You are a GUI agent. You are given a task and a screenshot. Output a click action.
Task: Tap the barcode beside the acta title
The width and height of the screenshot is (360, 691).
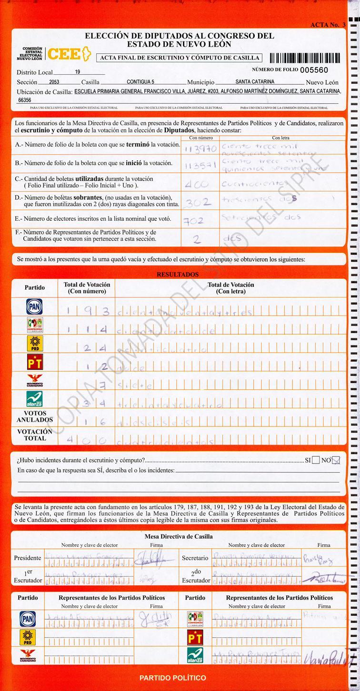click(x=305, y=58)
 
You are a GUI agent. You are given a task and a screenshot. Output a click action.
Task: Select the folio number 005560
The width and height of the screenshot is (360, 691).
click(x=314, y=70)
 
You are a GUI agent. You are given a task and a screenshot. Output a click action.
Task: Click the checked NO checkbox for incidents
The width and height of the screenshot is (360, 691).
click(x=336, y=460)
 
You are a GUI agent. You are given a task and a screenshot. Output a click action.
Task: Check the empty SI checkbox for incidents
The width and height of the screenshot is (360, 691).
click(x=316, y=460)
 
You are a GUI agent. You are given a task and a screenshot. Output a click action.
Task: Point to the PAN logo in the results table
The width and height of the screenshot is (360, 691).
click(x=34, y=306)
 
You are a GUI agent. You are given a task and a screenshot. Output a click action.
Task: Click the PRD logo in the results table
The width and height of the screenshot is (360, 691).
click(x=34, y=344)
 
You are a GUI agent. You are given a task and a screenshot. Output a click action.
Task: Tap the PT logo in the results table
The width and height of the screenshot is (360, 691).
click(x=34, y=363)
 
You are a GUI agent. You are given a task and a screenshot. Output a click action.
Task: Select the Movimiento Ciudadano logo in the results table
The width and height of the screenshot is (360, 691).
click(x=34, y=381)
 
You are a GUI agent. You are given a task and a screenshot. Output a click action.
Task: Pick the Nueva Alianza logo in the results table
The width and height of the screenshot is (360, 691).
click(x=34, y=399)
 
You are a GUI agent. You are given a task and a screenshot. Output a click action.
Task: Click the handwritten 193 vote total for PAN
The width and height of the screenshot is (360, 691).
click(x=88, y=312)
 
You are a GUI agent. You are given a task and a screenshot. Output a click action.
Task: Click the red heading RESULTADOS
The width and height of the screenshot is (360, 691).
click(x=178, y=275)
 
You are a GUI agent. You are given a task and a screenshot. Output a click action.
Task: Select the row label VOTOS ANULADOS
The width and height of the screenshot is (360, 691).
click(x=35, y=417)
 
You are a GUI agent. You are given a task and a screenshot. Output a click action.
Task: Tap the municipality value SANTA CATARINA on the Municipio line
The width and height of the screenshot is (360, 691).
click(x=255, y=82)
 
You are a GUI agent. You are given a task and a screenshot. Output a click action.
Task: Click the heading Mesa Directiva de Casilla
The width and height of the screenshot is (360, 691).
click(x=179, y=536)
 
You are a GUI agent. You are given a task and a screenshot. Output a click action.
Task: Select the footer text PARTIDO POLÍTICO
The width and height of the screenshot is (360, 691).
click(x=173, y=678)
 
